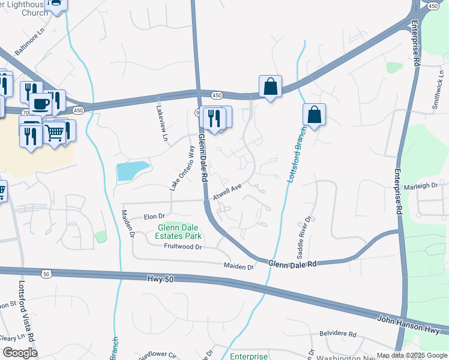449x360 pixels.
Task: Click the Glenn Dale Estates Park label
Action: [x=179, y=232]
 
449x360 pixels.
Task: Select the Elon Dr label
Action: [x=154, y=217]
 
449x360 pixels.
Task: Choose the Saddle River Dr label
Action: [x=303, y=237]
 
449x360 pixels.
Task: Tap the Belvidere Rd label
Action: [x=337, y=334]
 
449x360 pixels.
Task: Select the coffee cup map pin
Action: [x=40, y=104]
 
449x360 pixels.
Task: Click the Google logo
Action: [x=19, y=353]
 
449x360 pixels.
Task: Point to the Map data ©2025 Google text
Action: [x=411, y=355]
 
